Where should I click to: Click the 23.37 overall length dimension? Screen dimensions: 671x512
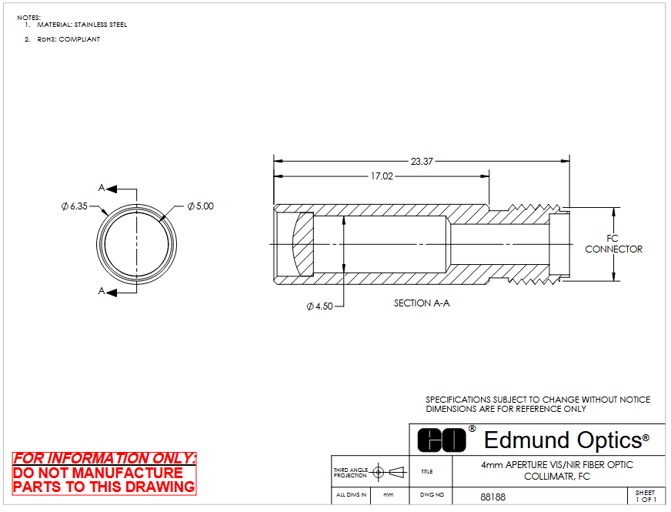422,162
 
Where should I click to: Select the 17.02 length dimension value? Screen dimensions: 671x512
382,176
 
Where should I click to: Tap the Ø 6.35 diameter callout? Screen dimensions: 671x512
75,206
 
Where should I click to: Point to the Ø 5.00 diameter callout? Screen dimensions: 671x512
201,206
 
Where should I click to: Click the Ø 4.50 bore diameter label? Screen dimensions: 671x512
319,306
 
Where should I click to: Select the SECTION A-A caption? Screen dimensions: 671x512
422,303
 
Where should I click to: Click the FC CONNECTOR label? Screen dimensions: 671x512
613,243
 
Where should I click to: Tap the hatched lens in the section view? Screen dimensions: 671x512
303,244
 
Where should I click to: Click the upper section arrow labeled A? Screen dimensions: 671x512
112,189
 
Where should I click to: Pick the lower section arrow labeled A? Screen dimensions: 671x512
112,293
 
